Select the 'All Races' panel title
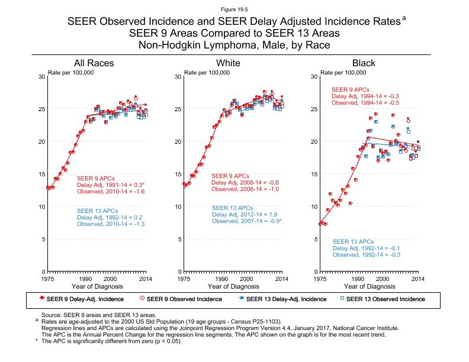[94, 63]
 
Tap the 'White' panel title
[228, 63]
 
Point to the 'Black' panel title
[364, 63]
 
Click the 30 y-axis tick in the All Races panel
[41, 77]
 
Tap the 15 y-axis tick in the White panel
[177, 174]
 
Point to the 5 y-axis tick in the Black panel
[314, 239]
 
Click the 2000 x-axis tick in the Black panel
[382, 278]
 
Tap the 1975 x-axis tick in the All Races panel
[48, 278]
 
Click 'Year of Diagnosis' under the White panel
[233, 286]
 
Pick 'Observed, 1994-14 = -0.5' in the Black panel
[365, 102]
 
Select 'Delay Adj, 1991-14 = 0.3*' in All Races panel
[111, 184]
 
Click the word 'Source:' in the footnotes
[51, 316]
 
